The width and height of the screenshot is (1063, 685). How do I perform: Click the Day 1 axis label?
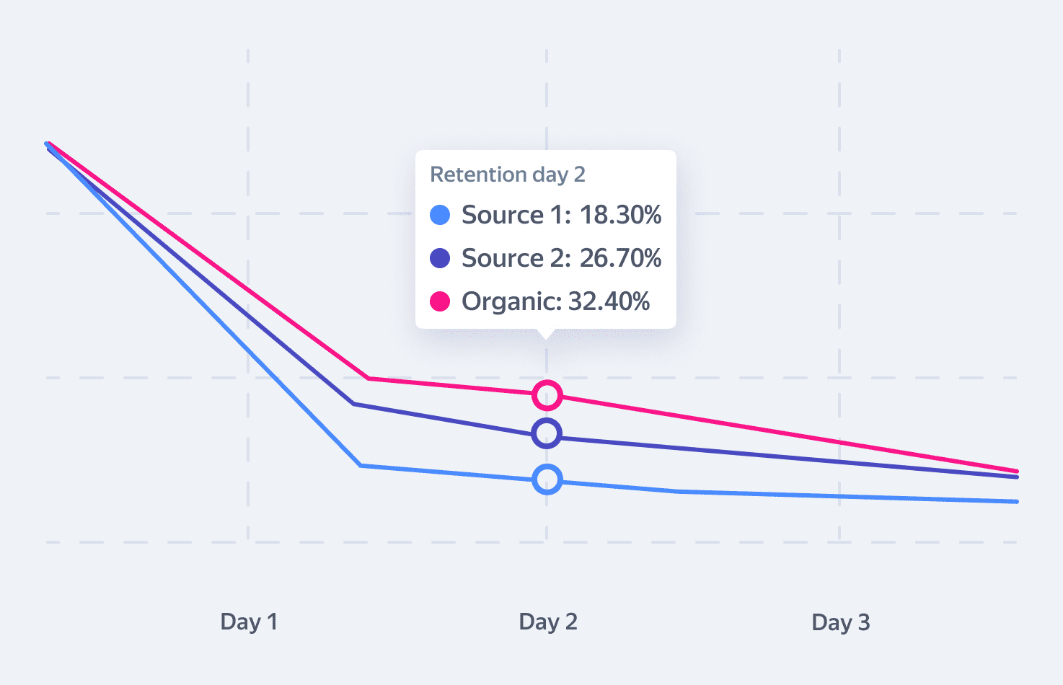pyautogui.click(x=249, y=622)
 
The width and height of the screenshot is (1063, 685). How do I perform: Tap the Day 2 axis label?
pyautogui.click(x=548, y=622)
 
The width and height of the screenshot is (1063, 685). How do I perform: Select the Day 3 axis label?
pyautogui.click(x=841, y=622)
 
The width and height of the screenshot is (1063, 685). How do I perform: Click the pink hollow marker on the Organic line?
pyautogui.click(x=547, y=395)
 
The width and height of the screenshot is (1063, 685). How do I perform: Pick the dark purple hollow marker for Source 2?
pyautogui.click(x=547, y=433)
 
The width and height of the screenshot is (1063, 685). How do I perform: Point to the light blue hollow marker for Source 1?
pyautogui.click(x=547, y=479)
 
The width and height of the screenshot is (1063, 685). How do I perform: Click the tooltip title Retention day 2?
pyautogui.click(x=507, y=174)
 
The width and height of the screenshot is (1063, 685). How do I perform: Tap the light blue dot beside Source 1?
pyautogui.click(x=440, y=215)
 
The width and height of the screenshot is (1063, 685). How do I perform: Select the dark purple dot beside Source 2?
pyautogui.click(x=440, y=258)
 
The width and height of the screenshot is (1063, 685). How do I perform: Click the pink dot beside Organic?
pyautogui.click(x=440, y=301)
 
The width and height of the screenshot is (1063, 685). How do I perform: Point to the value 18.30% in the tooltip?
pyautogui.click(x=620, y=215)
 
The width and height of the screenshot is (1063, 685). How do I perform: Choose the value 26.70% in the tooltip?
pyautogui.click(x=620, y=258)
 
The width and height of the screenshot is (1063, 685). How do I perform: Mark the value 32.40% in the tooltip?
pyautogui.click(x=609, y=301)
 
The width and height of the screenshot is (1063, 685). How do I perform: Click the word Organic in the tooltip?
pyautogui.click(x=511, y=301)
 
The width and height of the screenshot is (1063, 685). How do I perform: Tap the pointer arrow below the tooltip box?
pyautogui.click(x=547, y=333)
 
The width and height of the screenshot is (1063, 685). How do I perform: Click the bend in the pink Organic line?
pyautogui.click(x=368, y=378)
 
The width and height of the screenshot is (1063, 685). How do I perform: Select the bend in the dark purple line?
pyautogui.click(x=353, y=404)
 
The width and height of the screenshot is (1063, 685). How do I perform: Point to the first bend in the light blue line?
pyautogui.click(x=360, y=466)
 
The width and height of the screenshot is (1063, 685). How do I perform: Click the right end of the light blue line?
pyautogui.click(x=1015, y=501)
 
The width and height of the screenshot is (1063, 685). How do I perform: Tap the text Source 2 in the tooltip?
pyautogui.click(x=513, y=258)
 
